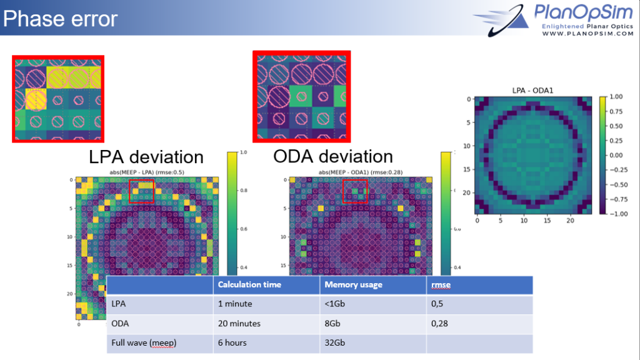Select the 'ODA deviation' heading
[333, 156]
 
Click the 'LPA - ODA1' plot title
[533, 91]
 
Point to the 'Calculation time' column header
[249, 284]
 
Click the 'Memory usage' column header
[353, 284]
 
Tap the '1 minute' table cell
[235, 304]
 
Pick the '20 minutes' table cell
[239, 324]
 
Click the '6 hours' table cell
[232, 343]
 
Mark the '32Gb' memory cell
[335, 343]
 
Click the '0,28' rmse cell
[441, 324]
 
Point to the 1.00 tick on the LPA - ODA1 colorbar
[617, 97]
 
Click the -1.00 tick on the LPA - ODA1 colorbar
[619, 213]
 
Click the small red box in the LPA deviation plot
[141, 191]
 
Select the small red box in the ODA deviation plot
[355, 191]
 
